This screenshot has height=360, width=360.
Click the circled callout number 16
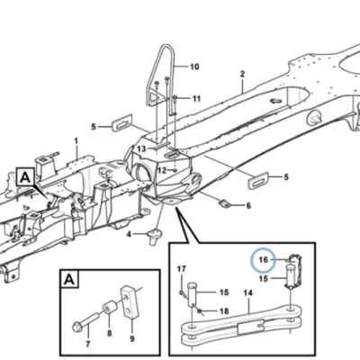(263, 259)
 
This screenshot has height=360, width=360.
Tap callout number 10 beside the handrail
(194, 67)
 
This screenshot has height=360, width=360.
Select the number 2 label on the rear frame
(242, 74)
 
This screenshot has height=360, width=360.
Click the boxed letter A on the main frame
(25, 178)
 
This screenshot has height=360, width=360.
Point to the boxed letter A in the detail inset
(69, 280)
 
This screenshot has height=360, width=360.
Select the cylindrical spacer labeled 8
(110, 308)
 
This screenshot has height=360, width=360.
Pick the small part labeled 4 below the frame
(155, 235)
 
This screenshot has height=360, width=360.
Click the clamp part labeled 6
(225, 204)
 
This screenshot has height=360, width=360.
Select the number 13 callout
(141, 148)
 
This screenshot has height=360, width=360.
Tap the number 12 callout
(162, 171)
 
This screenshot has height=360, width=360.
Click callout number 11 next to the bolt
(196, 98)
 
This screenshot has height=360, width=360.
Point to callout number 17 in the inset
(182, 269)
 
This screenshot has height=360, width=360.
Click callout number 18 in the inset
(224, 311)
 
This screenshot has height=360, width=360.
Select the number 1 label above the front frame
(76, 140)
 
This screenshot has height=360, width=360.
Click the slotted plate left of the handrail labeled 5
(122, 123)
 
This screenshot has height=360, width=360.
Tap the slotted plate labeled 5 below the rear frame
(257, 179)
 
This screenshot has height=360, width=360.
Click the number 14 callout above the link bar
(248, 292)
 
